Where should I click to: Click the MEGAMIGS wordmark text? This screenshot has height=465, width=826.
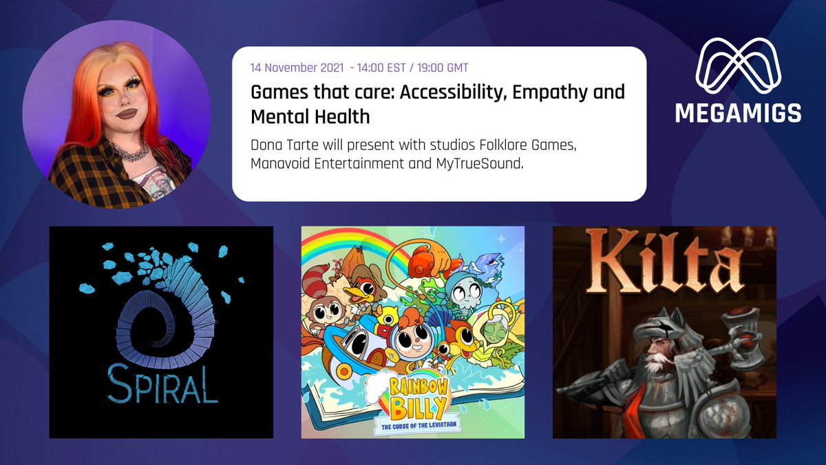[738, 112]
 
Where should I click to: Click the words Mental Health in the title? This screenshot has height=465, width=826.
[310, 116]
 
